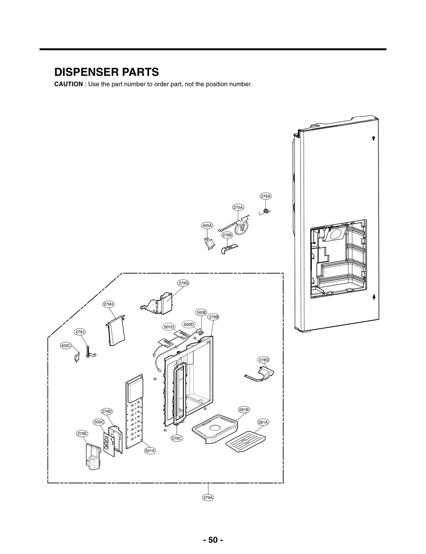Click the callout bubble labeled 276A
pos(265,196)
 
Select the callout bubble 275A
pos(238,207)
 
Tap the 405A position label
pos(207,226)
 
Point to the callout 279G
pos(183,283)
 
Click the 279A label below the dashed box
pos(208,497)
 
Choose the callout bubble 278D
pos(264,360)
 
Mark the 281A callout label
pos(263,422)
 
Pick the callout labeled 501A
pos(150,450)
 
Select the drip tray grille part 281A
pos(245,443)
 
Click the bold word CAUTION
pos(68,84)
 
